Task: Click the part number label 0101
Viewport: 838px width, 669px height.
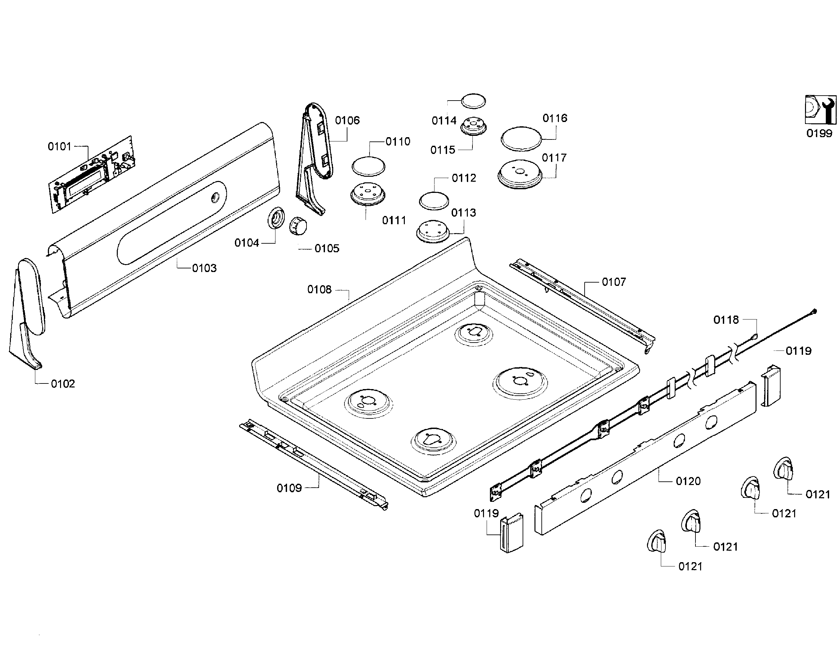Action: [59, 146]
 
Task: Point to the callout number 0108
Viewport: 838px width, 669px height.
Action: [319, 289]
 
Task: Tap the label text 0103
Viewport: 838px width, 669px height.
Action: [204, 268]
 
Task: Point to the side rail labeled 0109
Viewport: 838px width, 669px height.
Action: [313, 464]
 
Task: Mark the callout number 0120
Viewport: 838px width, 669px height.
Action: [688, 481]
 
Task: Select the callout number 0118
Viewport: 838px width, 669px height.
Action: [726, 320]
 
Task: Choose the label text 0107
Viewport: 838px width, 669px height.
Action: [614, 282]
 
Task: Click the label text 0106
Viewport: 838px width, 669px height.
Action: [347, 120]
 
